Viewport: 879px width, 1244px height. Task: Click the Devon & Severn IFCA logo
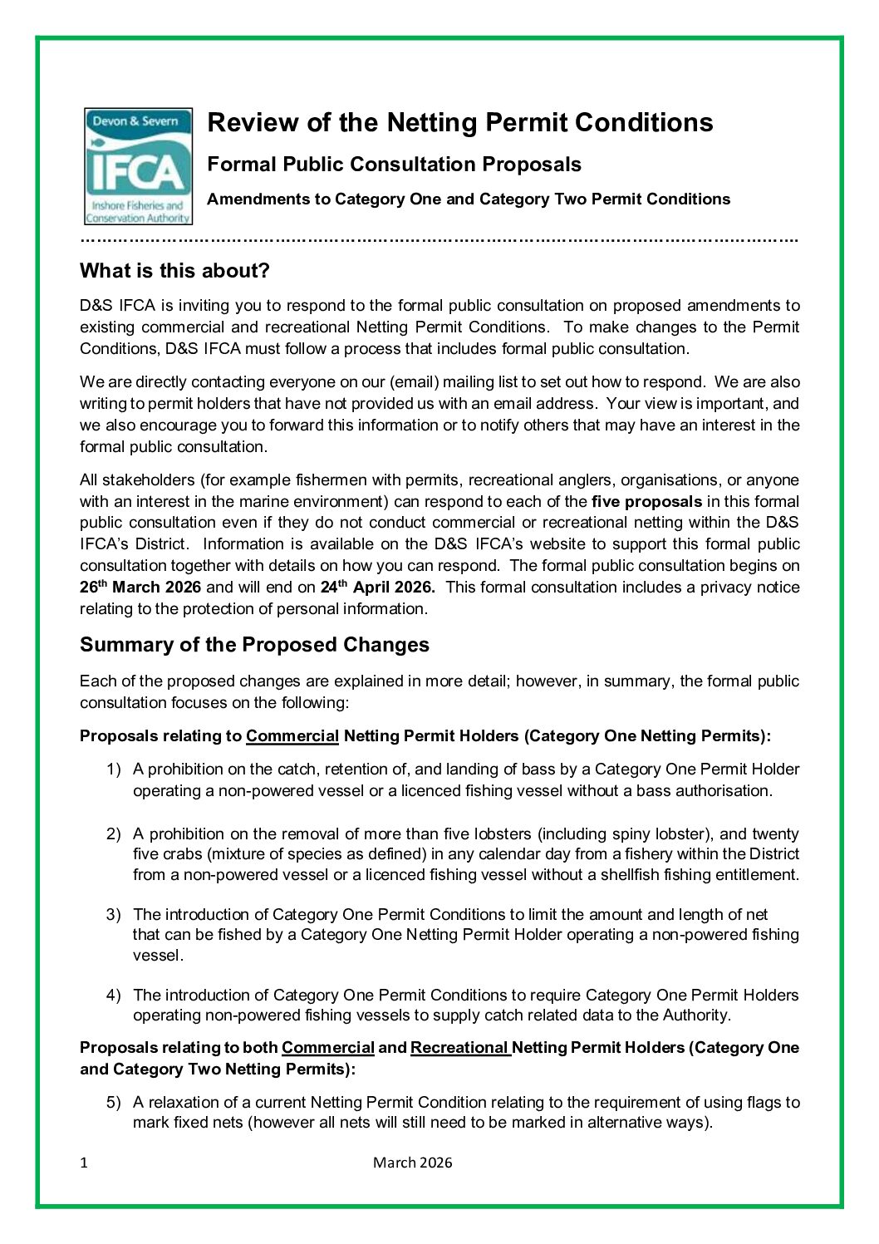(x=138, y=166)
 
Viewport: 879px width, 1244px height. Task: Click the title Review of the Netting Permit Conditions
(x=459, y=123)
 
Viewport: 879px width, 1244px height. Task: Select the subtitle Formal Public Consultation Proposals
(x=394, y=165)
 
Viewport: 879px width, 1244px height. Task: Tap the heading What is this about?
(x=174, y=271)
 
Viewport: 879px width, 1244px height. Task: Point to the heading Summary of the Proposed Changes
(x=254, y=645)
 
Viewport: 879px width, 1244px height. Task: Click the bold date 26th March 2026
(x=140, y=587)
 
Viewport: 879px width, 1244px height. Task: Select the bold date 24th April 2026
(x=377, y=587)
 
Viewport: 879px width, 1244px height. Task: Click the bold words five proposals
(x=646, y=501)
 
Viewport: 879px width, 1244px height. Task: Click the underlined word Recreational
(x=459, y=1048)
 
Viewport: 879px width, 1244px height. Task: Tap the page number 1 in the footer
(x=84, y=1163)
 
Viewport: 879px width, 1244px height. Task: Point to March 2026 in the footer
(x=412, y=1163)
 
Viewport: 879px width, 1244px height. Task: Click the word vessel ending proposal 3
(x=157, y=955)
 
